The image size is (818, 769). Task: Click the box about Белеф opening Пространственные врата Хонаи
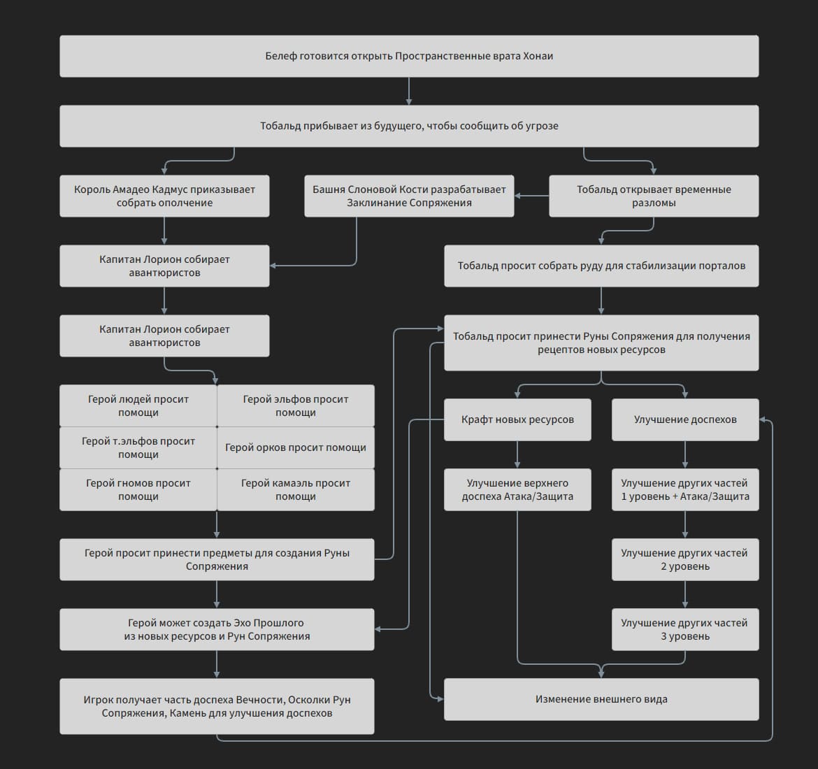pyautogui.click(x=409, y=56)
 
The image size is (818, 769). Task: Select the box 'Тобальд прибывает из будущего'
pyautogui.click(x=409, y=126)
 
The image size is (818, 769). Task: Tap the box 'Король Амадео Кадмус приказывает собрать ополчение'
pyautogui.click(x=164, y=196)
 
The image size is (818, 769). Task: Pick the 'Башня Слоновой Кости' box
pyautogui.click(x=409, y=196)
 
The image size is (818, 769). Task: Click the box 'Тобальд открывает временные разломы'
pyautogui.click(x=654, y=196)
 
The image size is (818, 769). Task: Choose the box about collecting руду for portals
pyautogui.click(x=601, y=266)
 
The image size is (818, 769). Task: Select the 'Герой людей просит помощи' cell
pyautogui.click(x=138, y=405)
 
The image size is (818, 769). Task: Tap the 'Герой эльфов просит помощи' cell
pyautogui.click(x=296, y=405)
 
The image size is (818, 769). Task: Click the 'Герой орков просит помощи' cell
pyautogui.click(x=296, y=447)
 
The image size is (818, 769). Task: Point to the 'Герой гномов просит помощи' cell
pyautogui.click(x=138, y=489)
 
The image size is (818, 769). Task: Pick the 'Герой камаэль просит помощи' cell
pyautogui.click(x=296, y=489)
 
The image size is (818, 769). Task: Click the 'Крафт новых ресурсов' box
pyautogui.click(x=517, y=419)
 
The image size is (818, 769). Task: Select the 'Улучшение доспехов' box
pyautogui.click(x=685, y=419)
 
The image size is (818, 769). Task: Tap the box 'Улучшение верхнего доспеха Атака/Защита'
pyautogui.click(x=517, y=489)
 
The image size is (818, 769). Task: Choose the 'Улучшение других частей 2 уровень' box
pyautogui.click(x=685, y=559)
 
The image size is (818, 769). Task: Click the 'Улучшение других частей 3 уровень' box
pyautogui.click(x=685, y=629)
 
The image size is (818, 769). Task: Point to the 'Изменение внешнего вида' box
pyautogui.click(x=601, y=699)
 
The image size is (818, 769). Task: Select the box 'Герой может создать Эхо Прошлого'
pyautogui.click(x=217, y=629)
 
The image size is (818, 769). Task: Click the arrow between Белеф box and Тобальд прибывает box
pyautogui.click(x=409, y=91)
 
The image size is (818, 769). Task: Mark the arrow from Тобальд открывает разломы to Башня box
pyautogui.click(x=531, y=196)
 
